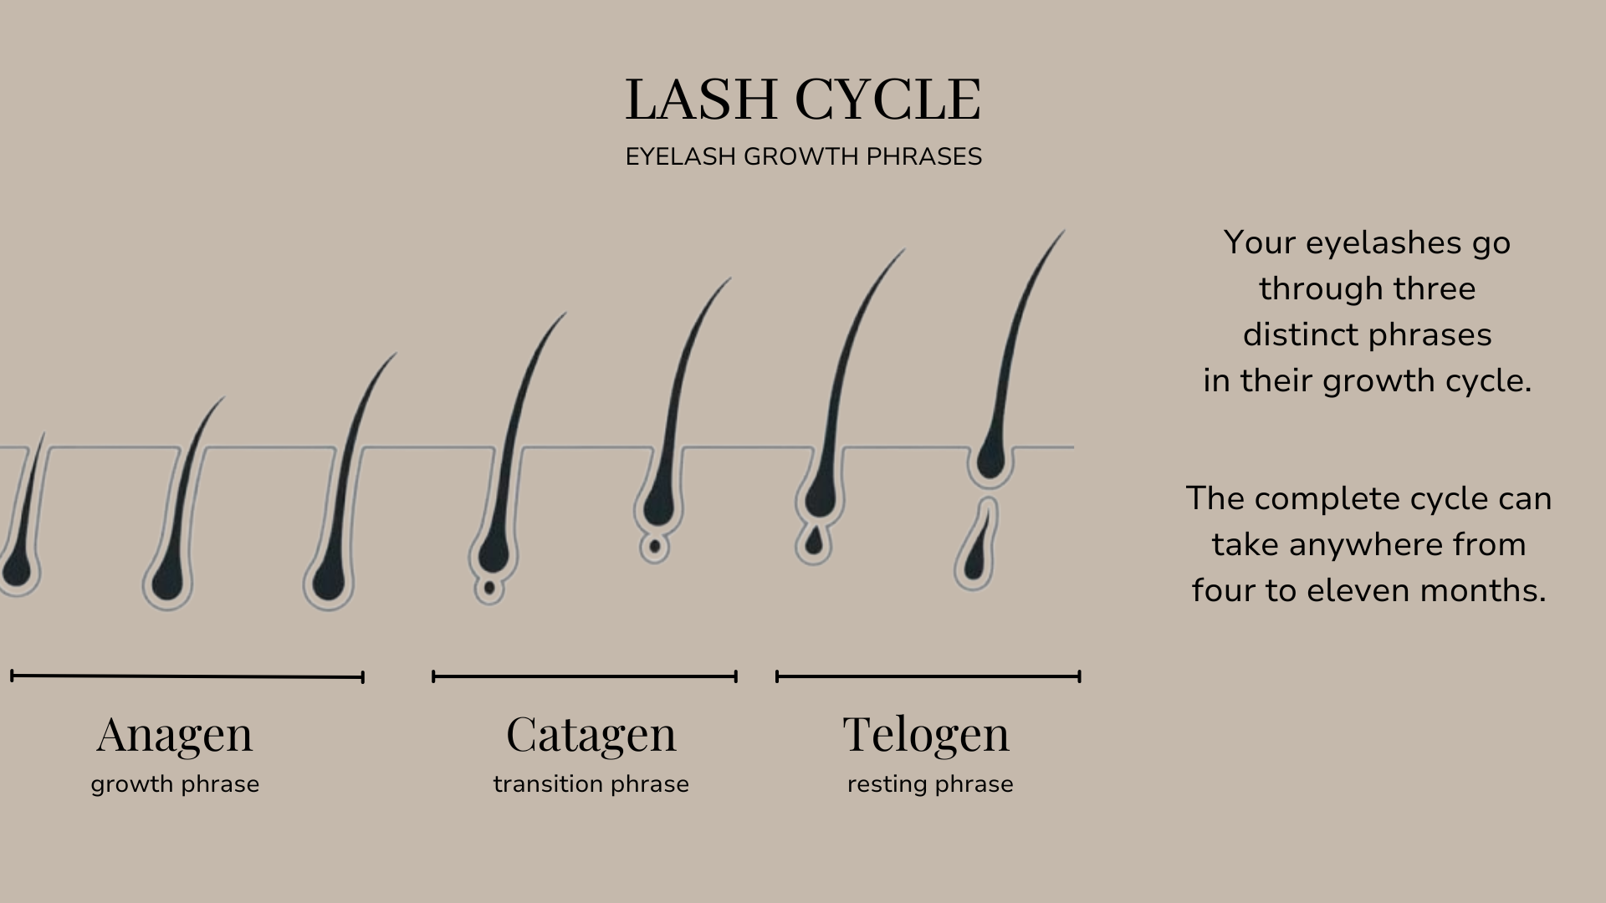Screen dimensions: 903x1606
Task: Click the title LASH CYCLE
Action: pyautogui.click(x=803, y=99)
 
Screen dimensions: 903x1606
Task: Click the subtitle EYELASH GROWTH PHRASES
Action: pyautogui.click(x=803, y=156)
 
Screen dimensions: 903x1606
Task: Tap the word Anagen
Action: pyautogui.click(x=174, y=734)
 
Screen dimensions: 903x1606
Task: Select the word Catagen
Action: pyautogui.click(x=591, y=734)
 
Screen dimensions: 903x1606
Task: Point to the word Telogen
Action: pyautogui.click(x=926, y=734)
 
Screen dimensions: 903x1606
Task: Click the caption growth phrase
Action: pyautogui.click(x=175, y=784)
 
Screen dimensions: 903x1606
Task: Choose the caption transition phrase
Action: pyautogui.click(x=591, y=784)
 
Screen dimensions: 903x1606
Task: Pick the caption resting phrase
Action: pyautogui.click(x=930, y=784)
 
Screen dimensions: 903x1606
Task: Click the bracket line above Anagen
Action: pyautogui.click(x=187, y=676)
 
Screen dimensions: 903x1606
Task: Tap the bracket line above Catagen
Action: pyautogui.click(x=585, y=676)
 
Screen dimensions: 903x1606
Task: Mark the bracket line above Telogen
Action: pyautogui.click(x=928, y=676)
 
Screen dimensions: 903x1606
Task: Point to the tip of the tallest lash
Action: pyautogui.click(x=1062, y=232)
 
